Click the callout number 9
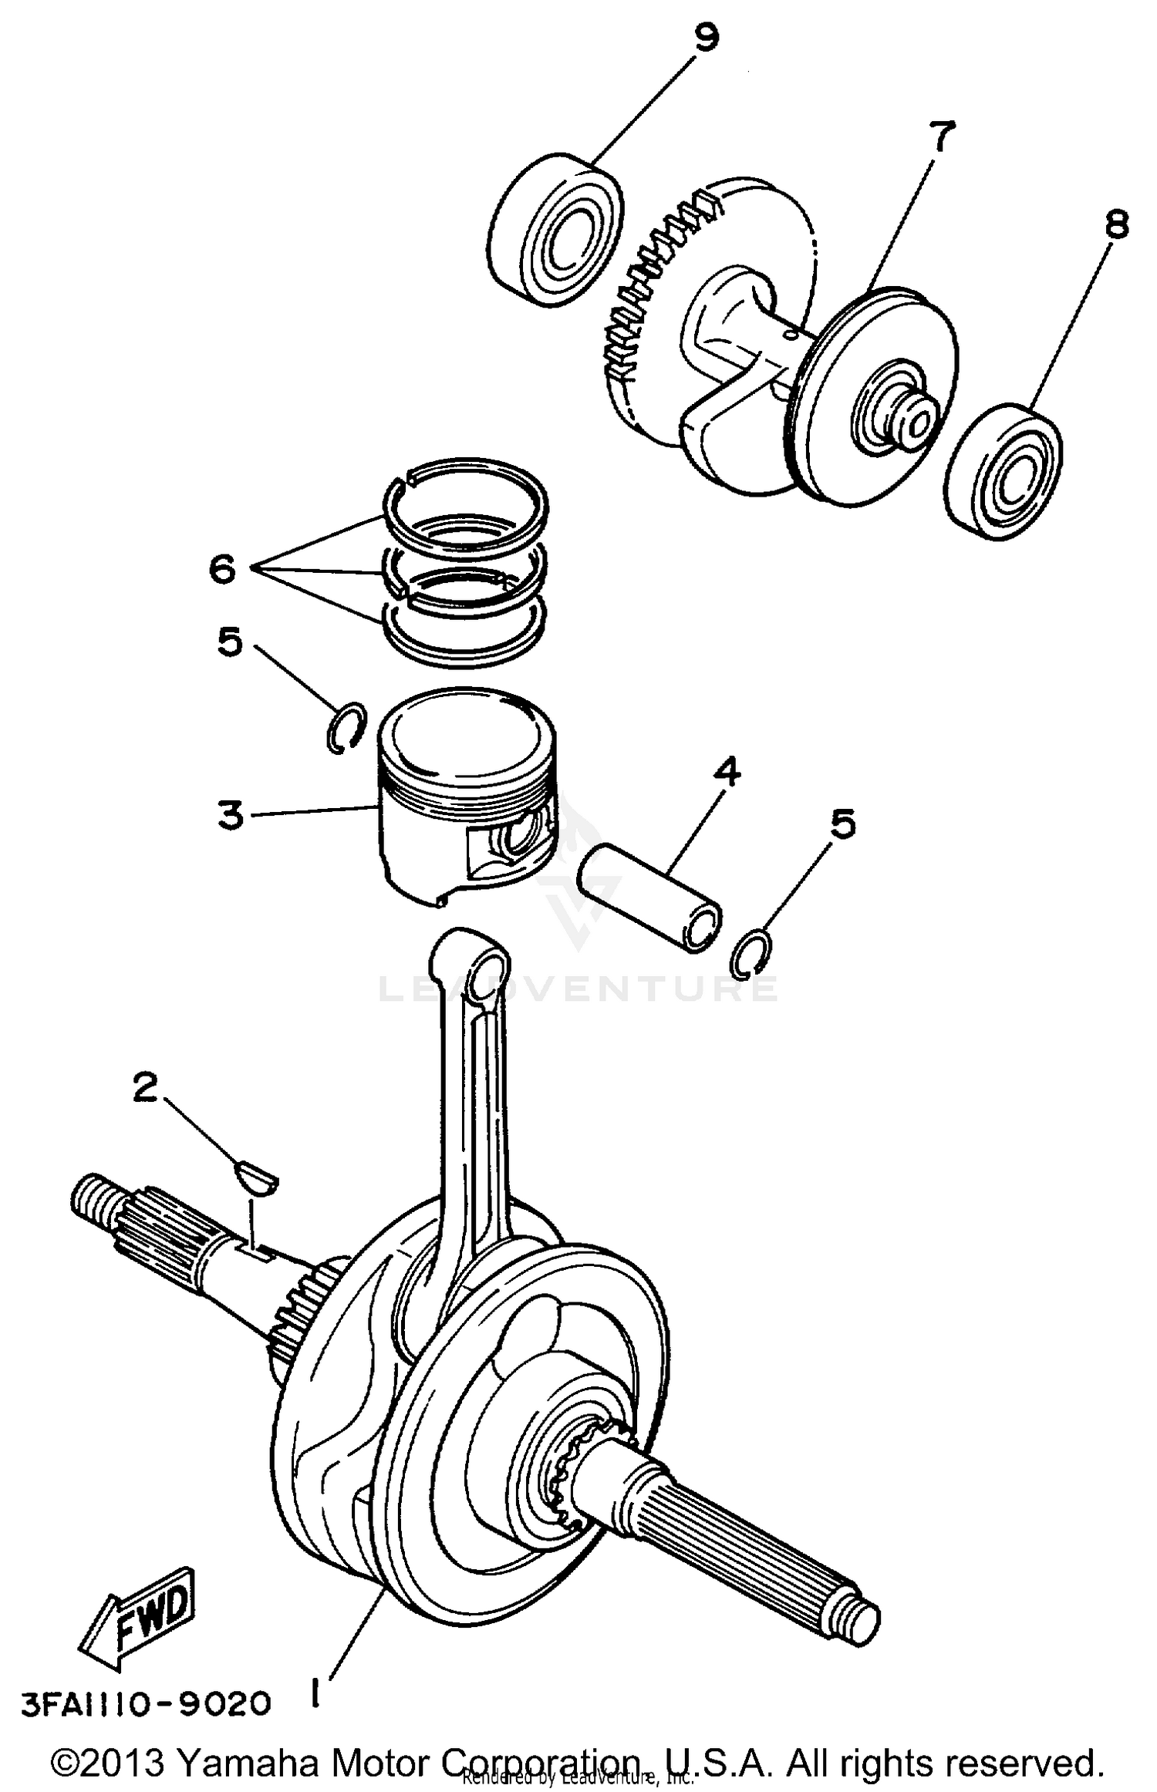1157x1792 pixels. click(x=706, y=37)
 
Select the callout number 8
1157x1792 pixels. click(x=1116, y=224)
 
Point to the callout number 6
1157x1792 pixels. click(x=222, y=571)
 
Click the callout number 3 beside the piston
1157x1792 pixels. click(x=230, y=815)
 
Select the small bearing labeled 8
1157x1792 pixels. click(x=1004, y=471)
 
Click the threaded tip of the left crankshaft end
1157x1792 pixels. click(x=87, y=1197)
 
